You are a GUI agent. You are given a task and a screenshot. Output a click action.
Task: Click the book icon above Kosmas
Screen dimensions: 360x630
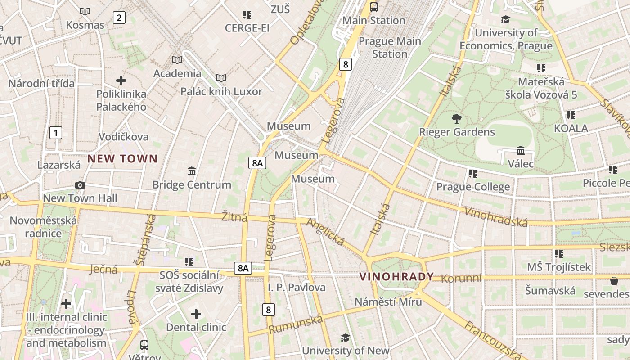[x=85, y=12]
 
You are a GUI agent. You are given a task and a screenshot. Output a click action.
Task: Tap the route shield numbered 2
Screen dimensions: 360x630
[x=119, y=18]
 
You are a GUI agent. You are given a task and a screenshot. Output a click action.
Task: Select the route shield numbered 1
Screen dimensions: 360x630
[x=55, y=133]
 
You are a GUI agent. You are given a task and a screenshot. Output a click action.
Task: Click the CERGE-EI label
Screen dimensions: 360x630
[x=247, y=28]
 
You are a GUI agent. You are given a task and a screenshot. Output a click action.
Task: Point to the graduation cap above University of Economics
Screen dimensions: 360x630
[x=505, y=19]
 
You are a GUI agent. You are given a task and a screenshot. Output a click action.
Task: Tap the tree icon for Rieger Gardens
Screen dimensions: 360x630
[x=457, y=119]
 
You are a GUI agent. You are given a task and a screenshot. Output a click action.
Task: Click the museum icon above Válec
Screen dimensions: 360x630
[x=521, y=150]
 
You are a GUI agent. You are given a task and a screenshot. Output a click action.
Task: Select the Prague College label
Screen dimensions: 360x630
[x=473, y=187]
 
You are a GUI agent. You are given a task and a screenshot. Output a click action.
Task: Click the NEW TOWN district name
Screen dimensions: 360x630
[x=122, y=158]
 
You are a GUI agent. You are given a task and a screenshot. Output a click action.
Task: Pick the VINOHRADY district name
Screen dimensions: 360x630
[x=396, y=276]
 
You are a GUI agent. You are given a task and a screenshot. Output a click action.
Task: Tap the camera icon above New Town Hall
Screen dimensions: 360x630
[x=80, y=185]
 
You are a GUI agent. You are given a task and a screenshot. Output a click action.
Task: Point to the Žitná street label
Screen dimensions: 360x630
[x=234, y=217]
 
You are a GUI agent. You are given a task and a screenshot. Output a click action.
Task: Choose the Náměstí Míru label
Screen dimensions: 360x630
[x=388, y=301]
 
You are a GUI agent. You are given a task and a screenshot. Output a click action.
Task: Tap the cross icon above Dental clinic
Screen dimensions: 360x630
[x=196, y=314]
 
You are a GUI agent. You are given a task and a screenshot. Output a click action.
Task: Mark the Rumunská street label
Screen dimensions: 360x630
[x=296, y=324]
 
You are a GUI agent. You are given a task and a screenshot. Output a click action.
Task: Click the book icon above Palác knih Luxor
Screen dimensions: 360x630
[x=221, y=78]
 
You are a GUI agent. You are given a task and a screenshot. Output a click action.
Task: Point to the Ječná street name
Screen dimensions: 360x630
[x=103, y=270]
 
